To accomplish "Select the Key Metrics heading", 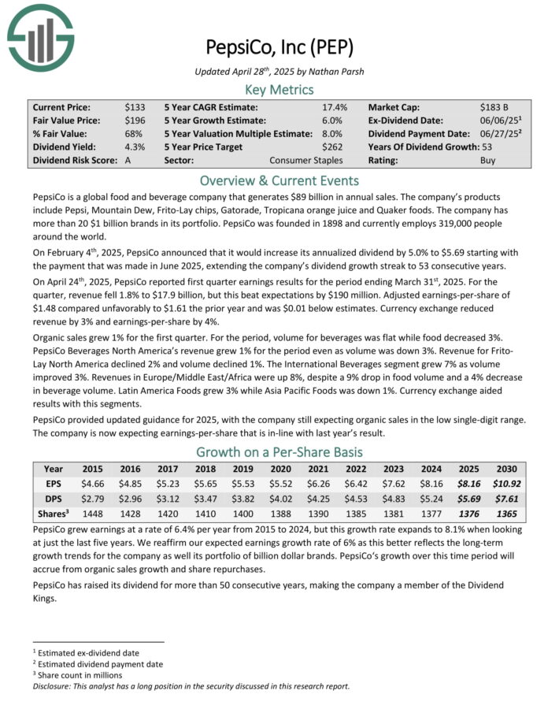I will (279, 89).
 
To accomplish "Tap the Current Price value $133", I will (134, 106).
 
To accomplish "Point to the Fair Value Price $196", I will (134, 120).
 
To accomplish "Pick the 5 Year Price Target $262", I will (331, 147).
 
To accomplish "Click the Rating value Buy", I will (488, 160).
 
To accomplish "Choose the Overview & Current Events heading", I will (279, 179).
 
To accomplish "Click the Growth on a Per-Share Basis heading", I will (279, 451).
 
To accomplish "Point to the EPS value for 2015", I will (92, 483).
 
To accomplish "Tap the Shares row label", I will (54, 513).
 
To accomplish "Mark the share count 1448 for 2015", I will (92, 514).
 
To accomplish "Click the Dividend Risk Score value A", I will (128, 160).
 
